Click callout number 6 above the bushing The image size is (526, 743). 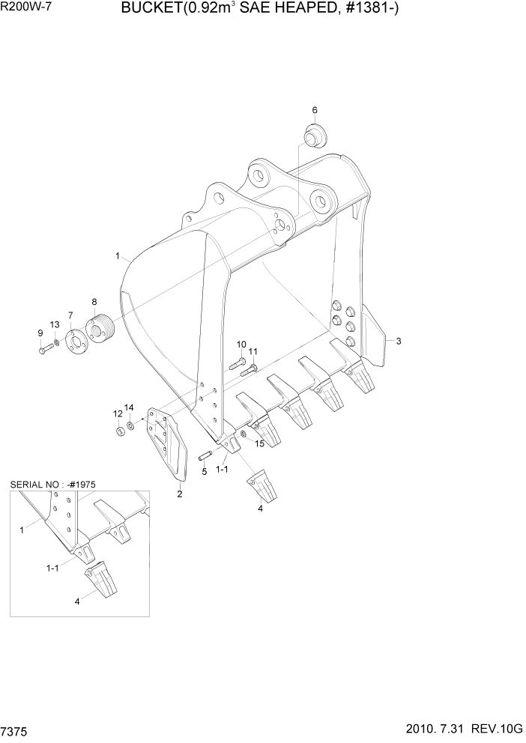[315, 110]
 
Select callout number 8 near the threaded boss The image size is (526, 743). [94, 302]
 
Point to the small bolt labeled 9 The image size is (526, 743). [43, 348]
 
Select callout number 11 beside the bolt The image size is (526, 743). [253, 351]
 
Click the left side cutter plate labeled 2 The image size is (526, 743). [169, 446]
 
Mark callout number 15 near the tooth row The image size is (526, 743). [259, 443]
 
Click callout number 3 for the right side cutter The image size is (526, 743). [399, 342]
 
